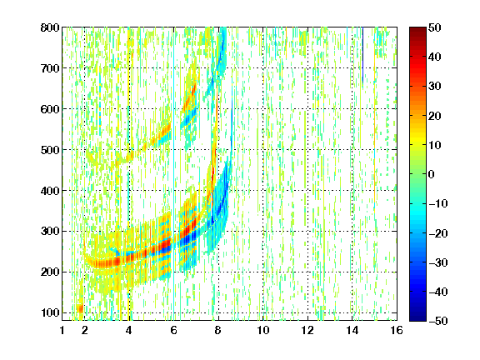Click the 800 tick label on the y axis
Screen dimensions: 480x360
point(50,27)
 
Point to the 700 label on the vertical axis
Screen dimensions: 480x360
point(50,68)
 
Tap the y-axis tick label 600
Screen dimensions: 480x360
point(50,109)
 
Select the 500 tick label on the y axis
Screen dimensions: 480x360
point(50,150)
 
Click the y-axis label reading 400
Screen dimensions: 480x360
point(50,191)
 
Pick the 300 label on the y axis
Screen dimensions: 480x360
point(50,231)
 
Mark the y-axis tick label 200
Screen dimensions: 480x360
point(50,272)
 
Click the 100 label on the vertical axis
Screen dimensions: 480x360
point(50,312)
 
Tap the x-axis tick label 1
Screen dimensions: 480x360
point(62,330)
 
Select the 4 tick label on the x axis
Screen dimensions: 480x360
point(129,330)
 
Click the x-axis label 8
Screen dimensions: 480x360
point(218,330)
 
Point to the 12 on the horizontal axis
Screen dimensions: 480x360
point(307,330)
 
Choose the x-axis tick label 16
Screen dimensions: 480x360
point(397,330)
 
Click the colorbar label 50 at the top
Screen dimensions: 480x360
point(435,27)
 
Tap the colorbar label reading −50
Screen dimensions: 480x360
point(438,321)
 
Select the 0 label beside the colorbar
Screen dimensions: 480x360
point(432,174)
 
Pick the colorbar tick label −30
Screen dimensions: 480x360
point(438,262)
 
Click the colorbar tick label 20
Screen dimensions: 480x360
point(435,116)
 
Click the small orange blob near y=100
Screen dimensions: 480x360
point(80,308)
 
